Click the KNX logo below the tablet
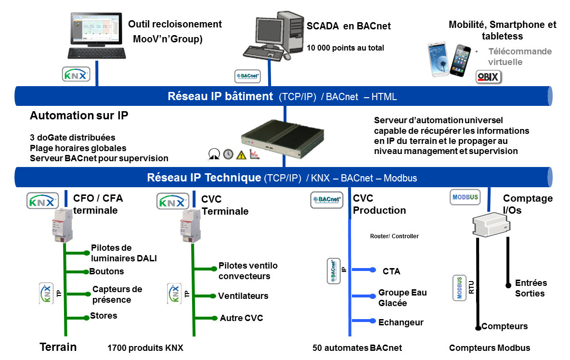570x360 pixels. (x=76, y=75)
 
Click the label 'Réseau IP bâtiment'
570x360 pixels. (x=220, y=96)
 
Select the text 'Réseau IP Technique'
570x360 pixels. (x=204, y=178)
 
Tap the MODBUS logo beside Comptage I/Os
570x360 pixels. (x=465, y=197)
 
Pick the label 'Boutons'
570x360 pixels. (x=106, y=271)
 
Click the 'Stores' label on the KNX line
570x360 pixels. (x=104, y=316)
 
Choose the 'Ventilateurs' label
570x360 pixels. (x=243, y=296)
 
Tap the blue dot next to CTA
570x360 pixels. (x=373, y=270)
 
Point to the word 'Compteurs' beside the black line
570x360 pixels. (x=505, y=326)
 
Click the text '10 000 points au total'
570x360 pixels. (x=346, y=48)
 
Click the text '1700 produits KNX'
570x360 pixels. (x=145, y=348)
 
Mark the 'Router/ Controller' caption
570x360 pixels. (x=394, y=236)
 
